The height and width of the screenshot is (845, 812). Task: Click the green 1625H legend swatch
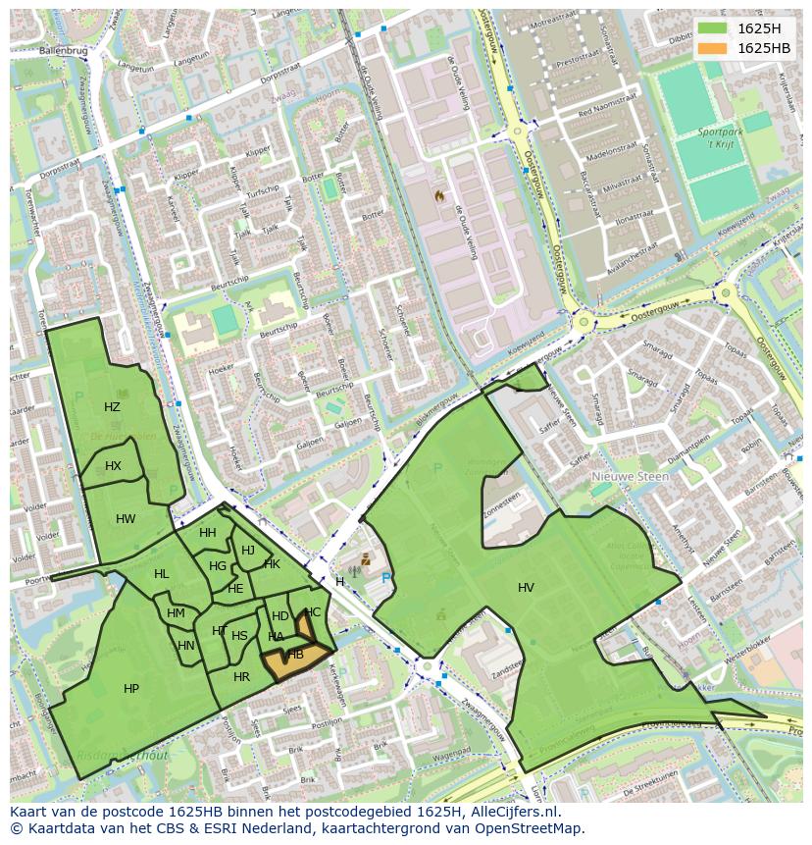[713, 27]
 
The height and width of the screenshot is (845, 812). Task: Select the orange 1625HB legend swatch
[713, 48]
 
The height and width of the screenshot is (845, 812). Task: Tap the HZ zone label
[112, 406]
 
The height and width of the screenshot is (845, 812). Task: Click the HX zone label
[113, 466]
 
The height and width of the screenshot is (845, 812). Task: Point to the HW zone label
[126, 519]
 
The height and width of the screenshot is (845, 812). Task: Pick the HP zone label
[131, 689]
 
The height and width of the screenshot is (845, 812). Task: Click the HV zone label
[526, 587]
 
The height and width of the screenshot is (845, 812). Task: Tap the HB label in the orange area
[295, 655]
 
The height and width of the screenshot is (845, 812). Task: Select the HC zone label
[313, 612]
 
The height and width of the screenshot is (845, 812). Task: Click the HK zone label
[273, 564]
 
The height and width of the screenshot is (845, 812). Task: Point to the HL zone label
[161, 574]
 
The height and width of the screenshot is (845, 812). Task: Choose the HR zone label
[241, 677]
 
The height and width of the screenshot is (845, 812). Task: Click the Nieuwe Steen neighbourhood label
[630, 477]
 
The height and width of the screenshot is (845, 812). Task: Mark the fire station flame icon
[440, 196]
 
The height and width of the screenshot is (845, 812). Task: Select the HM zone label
[176, 613]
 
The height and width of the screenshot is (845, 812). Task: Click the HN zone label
[186, 646]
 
